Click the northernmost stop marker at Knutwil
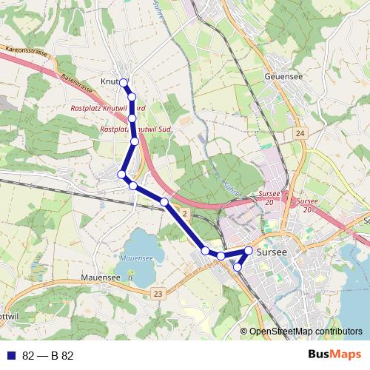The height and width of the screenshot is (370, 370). click(124, 82)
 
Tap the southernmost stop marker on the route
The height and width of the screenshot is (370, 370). click(238, 267)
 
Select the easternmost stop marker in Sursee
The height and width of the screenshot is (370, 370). click(249, 252)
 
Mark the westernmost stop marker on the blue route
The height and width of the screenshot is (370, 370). click(122, 174)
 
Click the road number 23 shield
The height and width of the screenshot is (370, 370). click(158, 294)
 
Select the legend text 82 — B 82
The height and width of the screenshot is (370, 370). click(47, 355)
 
